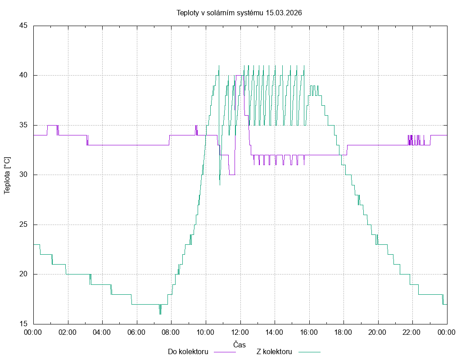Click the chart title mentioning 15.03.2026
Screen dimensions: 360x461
pos(239,13)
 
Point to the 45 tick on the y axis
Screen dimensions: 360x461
pos(24,26)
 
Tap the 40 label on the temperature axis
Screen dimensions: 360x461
pos(24,75)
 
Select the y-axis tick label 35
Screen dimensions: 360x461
pos(24,125)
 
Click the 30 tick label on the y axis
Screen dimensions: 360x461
pos(24,175)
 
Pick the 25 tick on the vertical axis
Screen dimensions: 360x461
pos(24,225)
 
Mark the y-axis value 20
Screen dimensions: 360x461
pos(24,274)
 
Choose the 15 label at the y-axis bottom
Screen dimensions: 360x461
pos(24,324)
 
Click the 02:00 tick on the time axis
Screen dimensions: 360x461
pos(68,333)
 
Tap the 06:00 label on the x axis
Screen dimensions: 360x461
pos(137,333)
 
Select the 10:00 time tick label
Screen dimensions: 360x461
pos(206,333)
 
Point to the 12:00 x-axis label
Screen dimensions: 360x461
pos(240,333)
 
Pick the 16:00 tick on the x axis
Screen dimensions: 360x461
pos(309,333)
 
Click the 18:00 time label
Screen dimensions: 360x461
pos(343,333)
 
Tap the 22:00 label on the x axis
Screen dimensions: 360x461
pos(412,333)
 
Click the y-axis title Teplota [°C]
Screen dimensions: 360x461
pos(7,175)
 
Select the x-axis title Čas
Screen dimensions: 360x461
pos(240,344)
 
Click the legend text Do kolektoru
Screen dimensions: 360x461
pos(187,352)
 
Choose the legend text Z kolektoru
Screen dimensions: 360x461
pos(274,352)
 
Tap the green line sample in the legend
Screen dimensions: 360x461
pos(308,352)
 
